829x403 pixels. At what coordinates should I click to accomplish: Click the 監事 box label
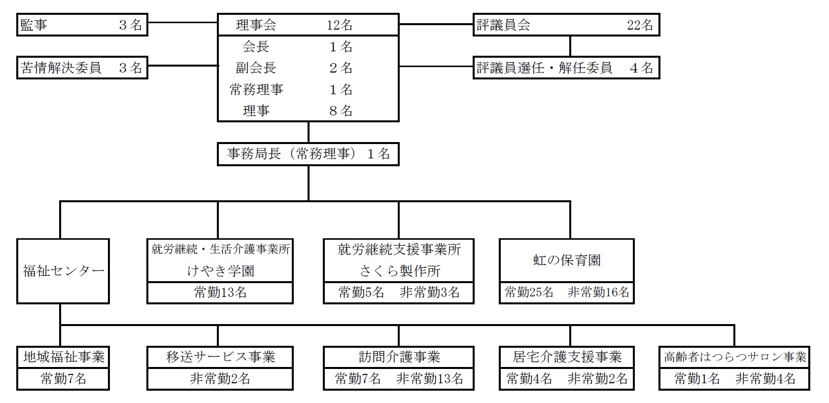click(34, 25)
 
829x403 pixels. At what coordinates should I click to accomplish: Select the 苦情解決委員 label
click(61, 68)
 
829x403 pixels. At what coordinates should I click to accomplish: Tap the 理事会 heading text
click(256, 25)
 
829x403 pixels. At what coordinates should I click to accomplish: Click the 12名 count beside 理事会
click(340, 25)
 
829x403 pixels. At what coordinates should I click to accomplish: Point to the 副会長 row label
click(256, 68)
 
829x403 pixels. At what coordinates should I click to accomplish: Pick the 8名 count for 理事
click(341, 111)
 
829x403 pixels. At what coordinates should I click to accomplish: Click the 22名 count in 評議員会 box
click(640, 25)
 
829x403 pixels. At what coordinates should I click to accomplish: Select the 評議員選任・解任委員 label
click(545, 68)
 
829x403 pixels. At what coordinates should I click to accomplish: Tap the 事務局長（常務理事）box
click(308, 154)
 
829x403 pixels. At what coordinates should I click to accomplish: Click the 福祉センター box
click(63, 271)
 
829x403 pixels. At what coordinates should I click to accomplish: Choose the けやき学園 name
click(221, 271)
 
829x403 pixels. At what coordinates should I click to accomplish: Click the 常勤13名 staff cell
click(220, 293)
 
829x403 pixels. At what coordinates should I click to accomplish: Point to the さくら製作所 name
click(400, 271)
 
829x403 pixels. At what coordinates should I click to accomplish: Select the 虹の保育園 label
click(567, 260)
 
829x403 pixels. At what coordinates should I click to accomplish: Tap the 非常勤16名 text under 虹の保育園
click(598, 292)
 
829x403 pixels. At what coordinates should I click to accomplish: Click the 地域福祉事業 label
click(64, 357)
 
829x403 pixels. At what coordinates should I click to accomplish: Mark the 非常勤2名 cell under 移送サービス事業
click(220, 378)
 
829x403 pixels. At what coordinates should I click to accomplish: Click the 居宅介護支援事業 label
click(567, 357)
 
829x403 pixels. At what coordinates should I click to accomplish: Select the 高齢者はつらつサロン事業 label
click(735, 357)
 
